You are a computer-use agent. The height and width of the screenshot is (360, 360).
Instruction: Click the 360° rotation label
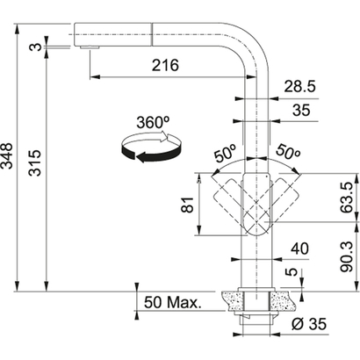click(154, 123)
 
